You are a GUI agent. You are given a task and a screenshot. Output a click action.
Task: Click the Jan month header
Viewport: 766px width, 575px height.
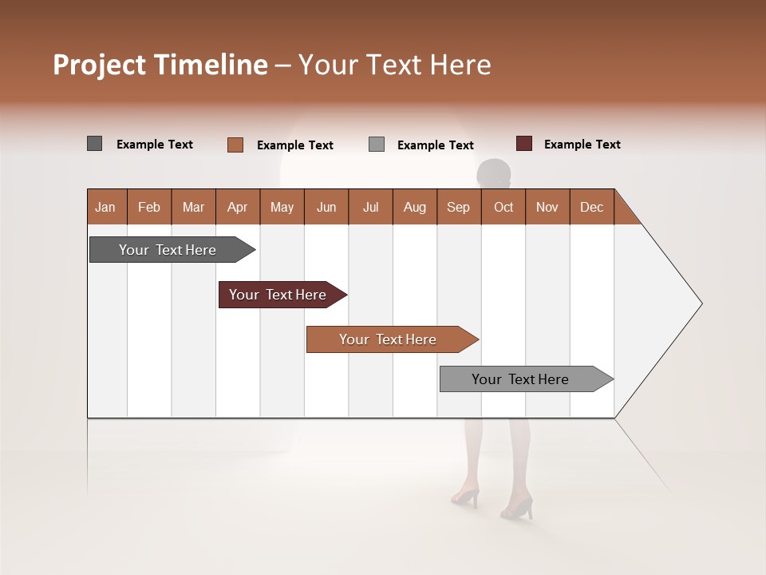[x=106, y=207]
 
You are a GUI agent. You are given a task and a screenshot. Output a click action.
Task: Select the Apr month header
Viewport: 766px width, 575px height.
[x=238, y=207]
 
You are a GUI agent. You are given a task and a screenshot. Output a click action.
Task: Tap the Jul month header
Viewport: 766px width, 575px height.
[x=370, y=207]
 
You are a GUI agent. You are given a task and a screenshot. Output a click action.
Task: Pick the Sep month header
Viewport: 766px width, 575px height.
[x=458, y=207]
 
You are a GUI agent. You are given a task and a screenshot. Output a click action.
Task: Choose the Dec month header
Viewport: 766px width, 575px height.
[x=591, y=207]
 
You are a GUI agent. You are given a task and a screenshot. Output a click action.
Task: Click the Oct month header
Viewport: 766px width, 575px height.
[x=503, y=207]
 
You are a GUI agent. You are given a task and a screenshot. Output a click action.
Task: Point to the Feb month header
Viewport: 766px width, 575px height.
[x=149, y=207]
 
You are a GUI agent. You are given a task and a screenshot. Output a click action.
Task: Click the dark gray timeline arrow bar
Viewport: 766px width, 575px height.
[x=168, y=250]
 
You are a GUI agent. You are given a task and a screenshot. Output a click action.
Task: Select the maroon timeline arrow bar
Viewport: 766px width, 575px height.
[x=278, y=295]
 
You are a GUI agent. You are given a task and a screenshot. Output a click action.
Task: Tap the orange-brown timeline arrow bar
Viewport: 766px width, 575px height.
[x=389, y=339]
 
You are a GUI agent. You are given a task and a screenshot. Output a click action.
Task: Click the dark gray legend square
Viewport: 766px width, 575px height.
[x=94, y=144]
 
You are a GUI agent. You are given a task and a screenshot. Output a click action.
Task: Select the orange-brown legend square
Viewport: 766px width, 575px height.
[x=235, y=145]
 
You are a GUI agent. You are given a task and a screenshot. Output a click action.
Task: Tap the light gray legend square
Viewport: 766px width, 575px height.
[x=377, y=145]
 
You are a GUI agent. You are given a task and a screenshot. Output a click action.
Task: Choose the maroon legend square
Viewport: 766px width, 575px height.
[x=523, y=144]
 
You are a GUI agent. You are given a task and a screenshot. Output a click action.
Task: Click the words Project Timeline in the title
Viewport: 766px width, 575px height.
[x=160, y=65]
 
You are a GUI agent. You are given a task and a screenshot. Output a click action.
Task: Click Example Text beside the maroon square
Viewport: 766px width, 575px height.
[x=582, y=145]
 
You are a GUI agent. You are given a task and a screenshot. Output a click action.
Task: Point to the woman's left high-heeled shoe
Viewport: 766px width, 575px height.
[x=465, y=498]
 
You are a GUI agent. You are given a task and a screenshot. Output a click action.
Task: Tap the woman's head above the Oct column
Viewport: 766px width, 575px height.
[x=493, y=172]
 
